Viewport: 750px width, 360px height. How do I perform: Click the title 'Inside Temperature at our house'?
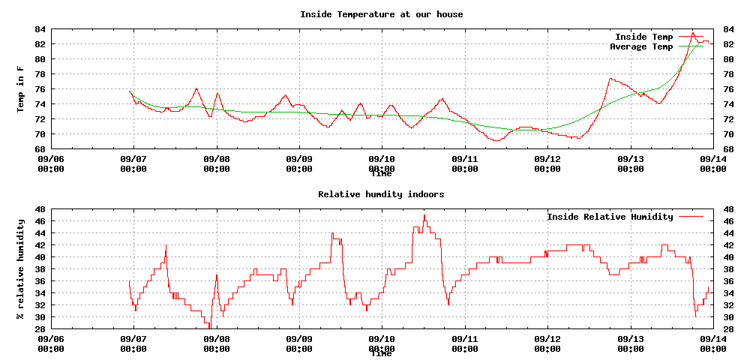381,14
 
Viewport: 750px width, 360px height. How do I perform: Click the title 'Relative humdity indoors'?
381,194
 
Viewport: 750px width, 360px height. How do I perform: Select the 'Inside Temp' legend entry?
643,37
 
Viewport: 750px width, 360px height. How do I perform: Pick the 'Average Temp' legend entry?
640,46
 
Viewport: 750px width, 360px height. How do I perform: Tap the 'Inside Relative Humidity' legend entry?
610,217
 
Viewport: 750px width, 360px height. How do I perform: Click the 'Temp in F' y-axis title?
21,89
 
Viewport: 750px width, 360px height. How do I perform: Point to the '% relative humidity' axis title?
21,268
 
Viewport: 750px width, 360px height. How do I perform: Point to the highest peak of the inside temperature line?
693,32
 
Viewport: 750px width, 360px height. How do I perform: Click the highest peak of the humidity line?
424,215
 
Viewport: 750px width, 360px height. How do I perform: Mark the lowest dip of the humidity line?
210,328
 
